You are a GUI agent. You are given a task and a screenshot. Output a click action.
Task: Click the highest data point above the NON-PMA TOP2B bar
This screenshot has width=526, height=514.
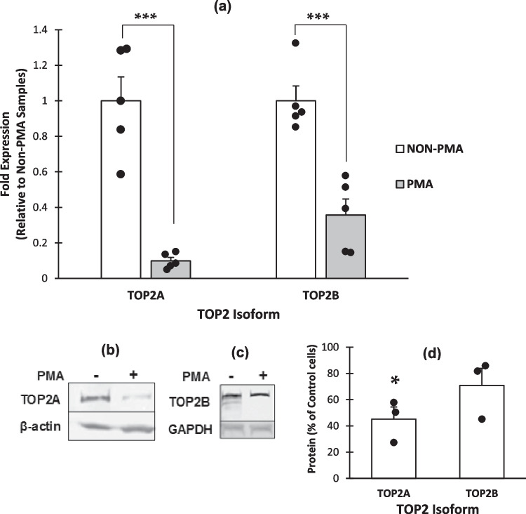point(295,43)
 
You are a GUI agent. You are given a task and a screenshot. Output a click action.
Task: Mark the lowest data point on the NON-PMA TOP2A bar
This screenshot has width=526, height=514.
point(121,174)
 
